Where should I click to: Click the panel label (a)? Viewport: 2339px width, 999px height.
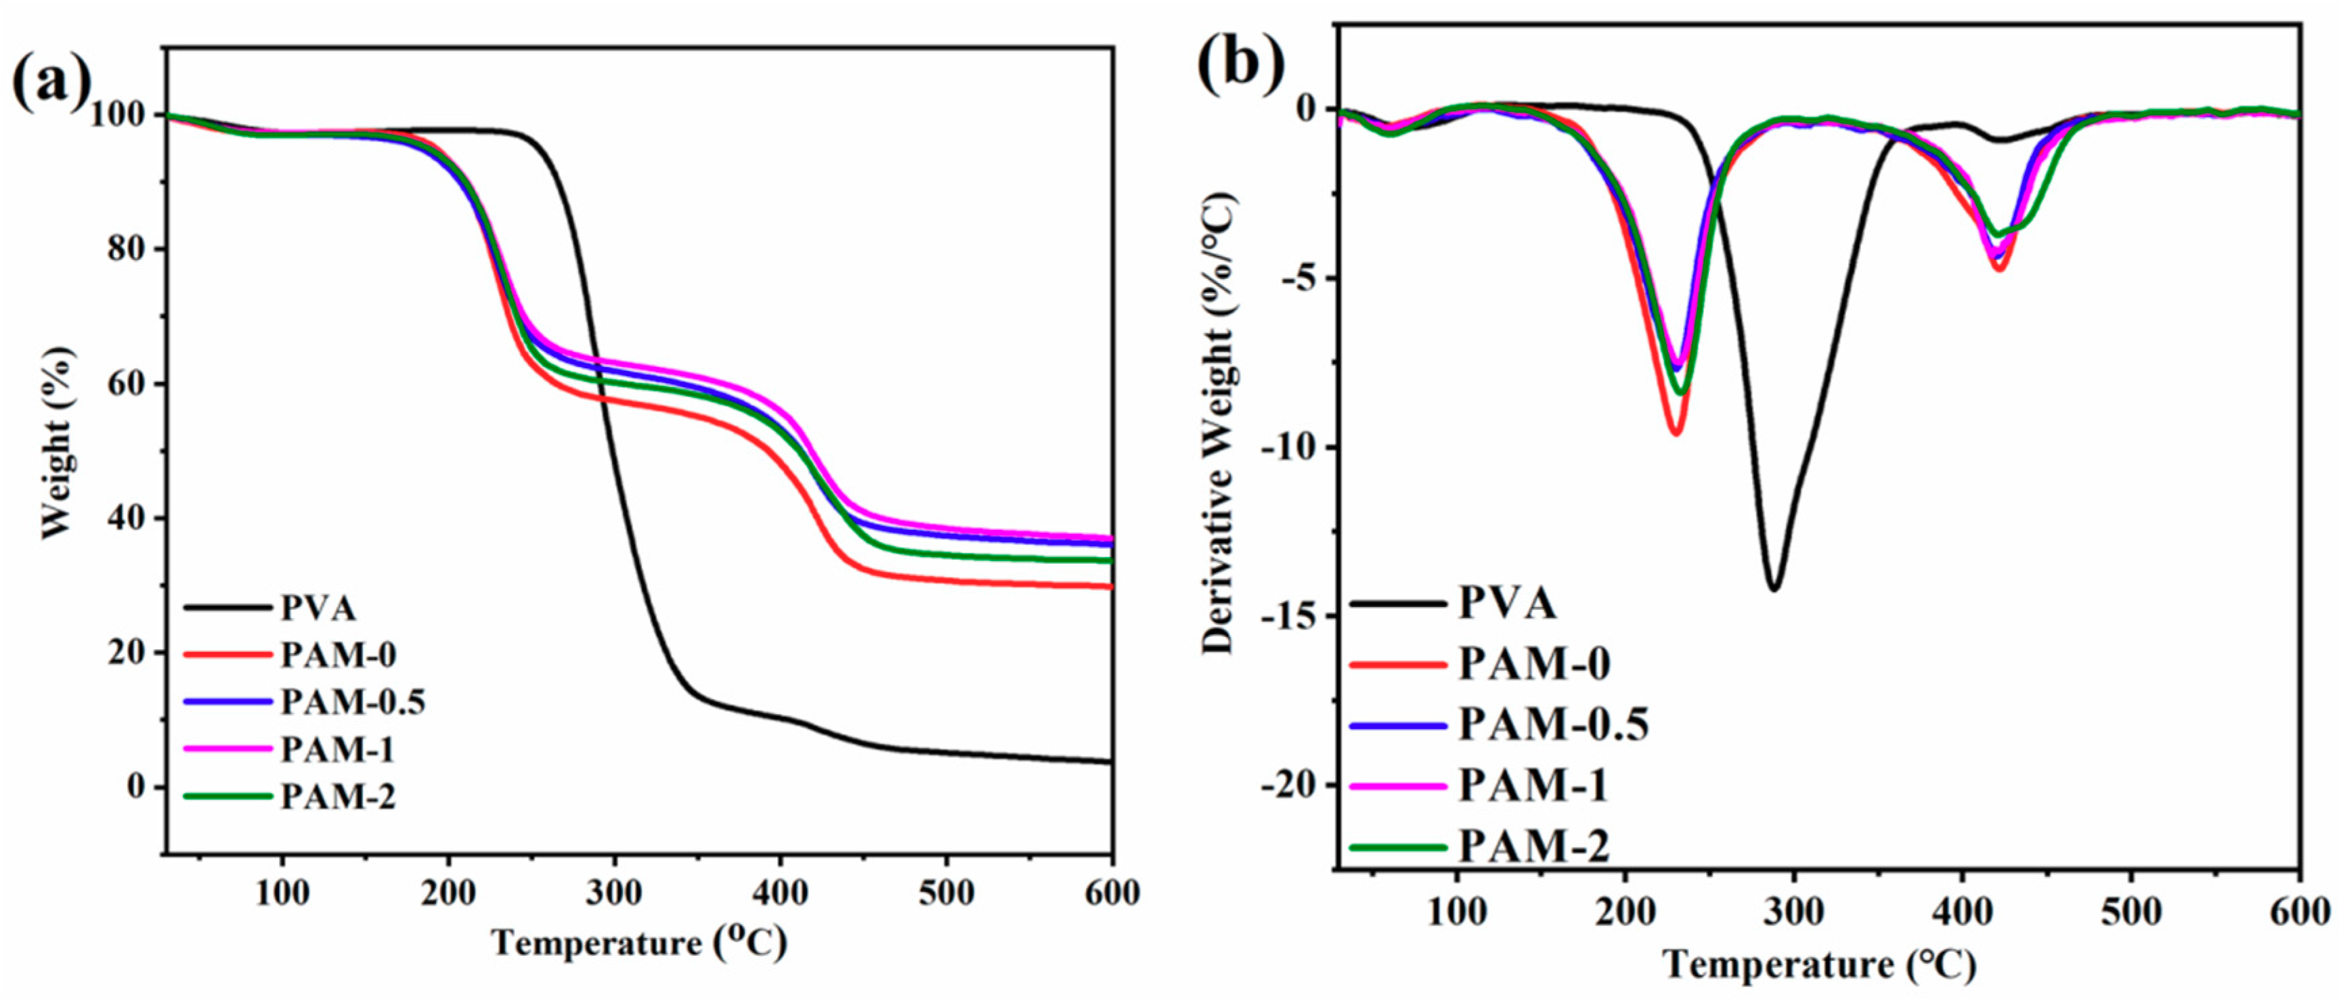click(51, 82)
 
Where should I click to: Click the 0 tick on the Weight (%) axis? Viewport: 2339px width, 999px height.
click(136, 786)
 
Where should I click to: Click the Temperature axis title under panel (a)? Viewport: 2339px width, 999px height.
click(638, 944)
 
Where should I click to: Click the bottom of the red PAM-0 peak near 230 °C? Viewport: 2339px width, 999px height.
click(1676, 433)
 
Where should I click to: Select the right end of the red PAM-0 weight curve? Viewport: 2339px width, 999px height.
click(1110, 587)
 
